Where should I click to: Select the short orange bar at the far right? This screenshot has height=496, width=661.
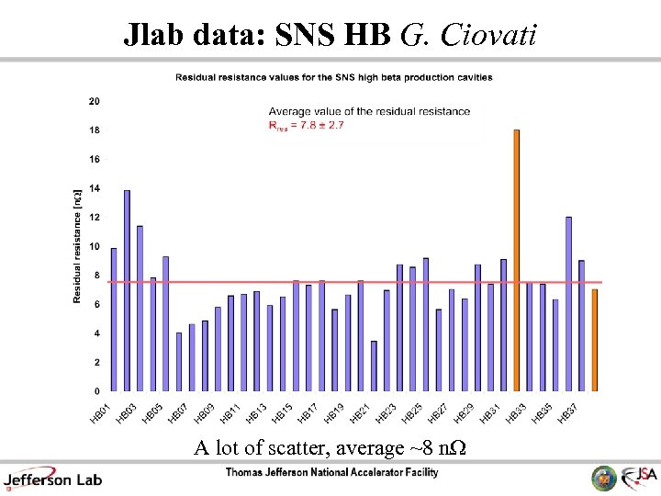[x=594, y=340]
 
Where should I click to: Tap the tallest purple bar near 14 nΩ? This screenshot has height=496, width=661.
[x=127, y=290]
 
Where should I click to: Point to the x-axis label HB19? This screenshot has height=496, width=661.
[x=335, y=413]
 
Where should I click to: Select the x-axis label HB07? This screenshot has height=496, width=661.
[x=179, y=413]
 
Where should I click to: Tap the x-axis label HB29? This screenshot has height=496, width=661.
[x=465, y=413]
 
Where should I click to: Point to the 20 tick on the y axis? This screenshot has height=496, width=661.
[x=95, y=101]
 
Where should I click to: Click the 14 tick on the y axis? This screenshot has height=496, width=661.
[x=95, y=188]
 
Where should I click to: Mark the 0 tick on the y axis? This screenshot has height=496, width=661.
[x=96, y=391]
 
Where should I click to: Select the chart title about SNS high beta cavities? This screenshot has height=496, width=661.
[x=334, y=77]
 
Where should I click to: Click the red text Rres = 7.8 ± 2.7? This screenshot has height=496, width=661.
[x=306, y=126]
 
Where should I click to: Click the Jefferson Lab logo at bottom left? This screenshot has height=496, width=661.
[x=53, y=479]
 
